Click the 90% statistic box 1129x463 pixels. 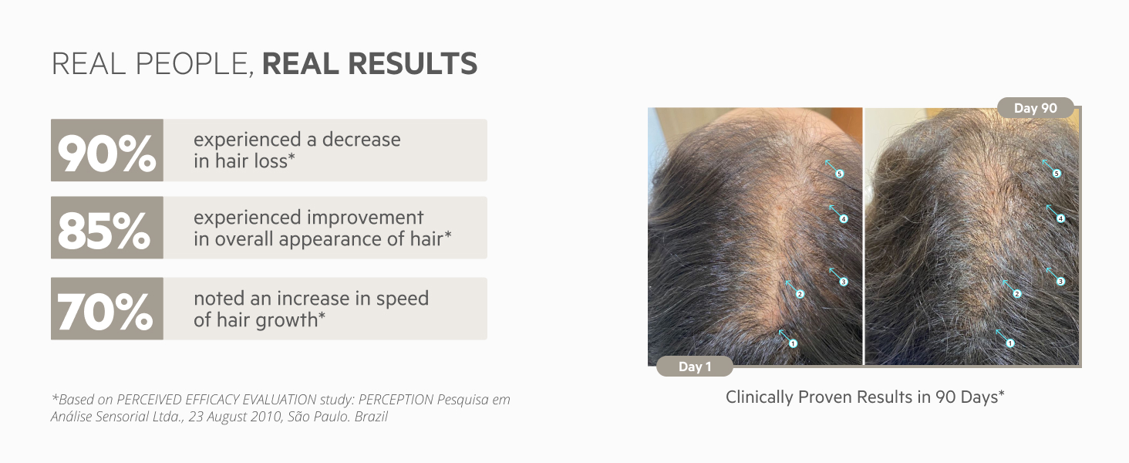pyautogui.click(x=107, y=150)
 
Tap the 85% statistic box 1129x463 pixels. pyautogui.click(x=107, y=228)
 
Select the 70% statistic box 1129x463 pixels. pyautogui.click(x=107, y=309)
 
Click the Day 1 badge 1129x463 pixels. pyautogui.click(x=695, y=367)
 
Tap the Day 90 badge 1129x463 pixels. pyautogui.click(x=1035, y=108)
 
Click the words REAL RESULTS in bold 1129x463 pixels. pyautogui.click(x=369, y=64)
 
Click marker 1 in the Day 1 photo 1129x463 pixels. pyautogui.click(x=793, y=343)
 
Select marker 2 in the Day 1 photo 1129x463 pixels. pyautogui.click(x=800, y=294)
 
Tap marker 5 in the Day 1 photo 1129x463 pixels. pyautogui.click(x=839, y=174)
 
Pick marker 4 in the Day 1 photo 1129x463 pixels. pyautogui.click(x=843, y=219)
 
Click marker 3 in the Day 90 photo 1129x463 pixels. pyautogui.click(x=1060, y=282)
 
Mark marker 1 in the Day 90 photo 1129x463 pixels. pyautogui.click(x=1010, y=343)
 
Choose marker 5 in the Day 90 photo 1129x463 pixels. pyautogui.click(x=1057, y=174)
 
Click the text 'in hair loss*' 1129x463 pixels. pyautogui.click(x=244, y=161)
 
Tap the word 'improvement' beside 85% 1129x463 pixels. pyautogui.click(x=366, y=218)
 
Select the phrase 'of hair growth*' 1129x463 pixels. pyautogui.click(x=260, y=319)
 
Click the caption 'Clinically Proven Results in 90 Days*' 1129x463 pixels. pyautogui.click(x=865, y=397)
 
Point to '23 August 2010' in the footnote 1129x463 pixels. pyautogui.click(x=235, y=417)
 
